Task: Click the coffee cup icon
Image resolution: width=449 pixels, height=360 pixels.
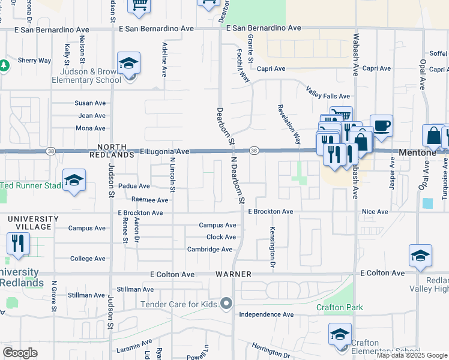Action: pos(381,126)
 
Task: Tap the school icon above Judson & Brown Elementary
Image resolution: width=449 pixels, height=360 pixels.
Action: pos(128,63)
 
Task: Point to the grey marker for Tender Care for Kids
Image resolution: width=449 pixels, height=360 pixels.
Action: pos(226,304)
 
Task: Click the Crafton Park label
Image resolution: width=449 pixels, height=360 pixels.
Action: pos(340,308)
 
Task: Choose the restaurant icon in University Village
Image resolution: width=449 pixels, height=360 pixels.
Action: pos(17,243)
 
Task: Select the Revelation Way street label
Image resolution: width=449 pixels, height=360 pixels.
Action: pos(289,124)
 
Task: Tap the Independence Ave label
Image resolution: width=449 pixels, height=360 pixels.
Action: pos(266,314)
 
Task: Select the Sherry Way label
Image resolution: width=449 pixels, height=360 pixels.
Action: pos(34,61)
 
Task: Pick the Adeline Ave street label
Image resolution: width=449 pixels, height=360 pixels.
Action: pos(164,59)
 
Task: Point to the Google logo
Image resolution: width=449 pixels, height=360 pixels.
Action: pos(20,353)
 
